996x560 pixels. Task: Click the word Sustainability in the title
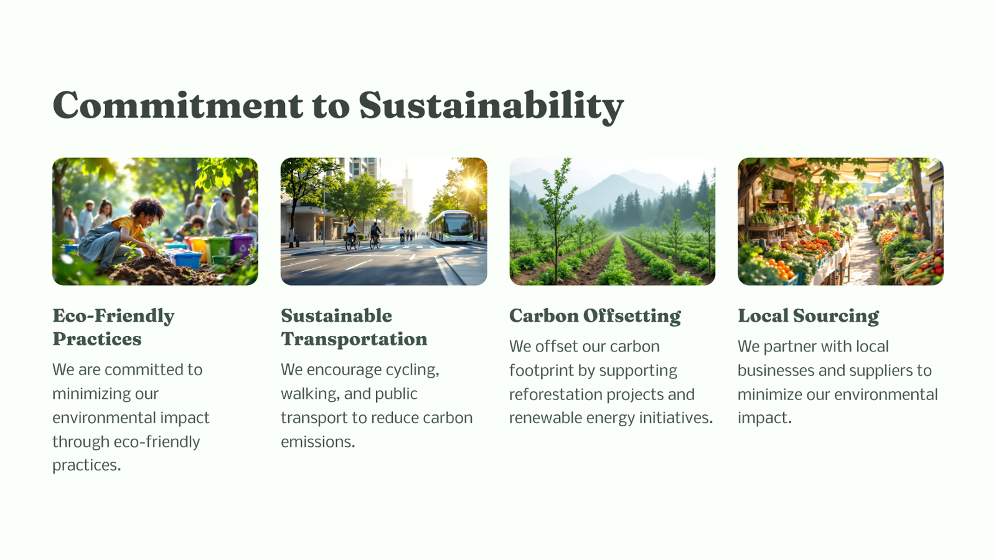coord(491,106)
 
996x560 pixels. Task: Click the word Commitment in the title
coord(178,105)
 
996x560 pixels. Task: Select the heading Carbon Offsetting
coord(595,316)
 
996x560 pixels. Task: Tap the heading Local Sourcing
coord(809,316)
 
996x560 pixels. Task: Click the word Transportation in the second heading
coord(354,339)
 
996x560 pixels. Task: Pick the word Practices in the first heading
coord(97,339)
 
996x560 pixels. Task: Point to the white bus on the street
coord(452,226)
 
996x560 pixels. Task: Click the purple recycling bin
coord(242,245)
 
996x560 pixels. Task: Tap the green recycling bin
coord(218,250)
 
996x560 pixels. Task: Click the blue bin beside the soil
coord(186,259)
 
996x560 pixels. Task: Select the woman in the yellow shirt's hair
coord(148,208)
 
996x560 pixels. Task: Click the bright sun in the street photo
coord(470,183)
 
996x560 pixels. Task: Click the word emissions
coord(317,442)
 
